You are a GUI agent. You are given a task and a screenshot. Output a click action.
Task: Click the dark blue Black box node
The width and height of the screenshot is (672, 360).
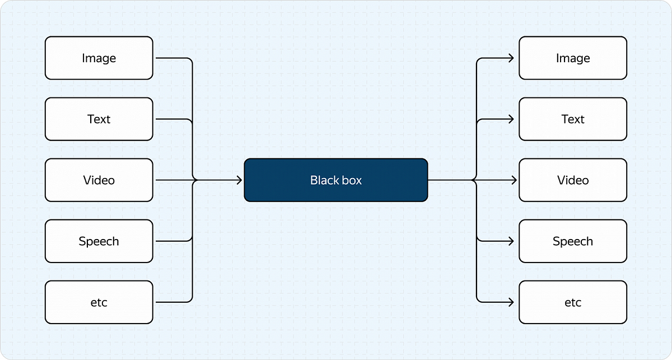(x=336, y=180)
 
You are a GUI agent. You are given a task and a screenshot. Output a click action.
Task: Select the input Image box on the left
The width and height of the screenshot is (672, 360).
(x=99, y=58)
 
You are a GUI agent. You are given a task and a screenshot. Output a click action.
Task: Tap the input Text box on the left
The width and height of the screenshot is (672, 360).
(x=99, y=119)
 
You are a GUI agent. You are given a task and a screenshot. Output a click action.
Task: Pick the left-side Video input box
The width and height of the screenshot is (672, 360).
(x=99, y=180)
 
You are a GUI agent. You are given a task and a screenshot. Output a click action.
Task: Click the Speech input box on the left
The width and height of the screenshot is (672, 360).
(x=99, y=241)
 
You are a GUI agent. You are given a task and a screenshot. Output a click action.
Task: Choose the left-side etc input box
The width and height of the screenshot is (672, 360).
(x=99, y=302)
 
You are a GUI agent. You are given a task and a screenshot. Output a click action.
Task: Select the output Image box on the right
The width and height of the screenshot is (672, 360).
(x=573, y=58)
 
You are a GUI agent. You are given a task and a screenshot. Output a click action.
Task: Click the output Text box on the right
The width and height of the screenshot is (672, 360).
(x=573, y=119)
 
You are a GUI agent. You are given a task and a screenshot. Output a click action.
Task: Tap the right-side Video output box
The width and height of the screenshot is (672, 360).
(x=573, y=180)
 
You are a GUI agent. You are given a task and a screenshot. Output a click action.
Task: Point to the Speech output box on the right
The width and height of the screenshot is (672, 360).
(x=573, y=241)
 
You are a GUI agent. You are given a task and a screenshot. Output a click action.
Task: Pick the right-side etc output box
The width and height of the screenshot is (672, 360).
(x=573, y=302)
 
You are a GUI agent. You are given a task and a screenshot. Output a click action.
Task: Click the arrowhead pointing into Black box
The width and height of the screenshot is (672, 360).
(x=239, y=180)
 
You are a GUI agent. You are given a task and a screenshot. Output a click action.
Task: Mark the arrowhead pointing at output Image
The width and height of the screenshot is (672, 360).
(x=511, y=58)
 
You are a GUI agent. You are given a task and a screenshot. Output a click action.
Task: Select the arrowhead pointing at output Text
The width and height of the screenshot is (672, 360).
(x=511, y=119)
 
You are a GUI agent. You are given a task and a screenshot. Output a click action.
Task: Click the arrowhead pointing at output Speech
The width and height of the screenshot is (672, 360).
(x=511, y=241)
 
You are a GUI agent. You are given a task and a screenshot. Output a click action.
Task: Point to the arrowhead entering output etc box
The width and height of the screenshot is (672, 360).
(x=511, y=302)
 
